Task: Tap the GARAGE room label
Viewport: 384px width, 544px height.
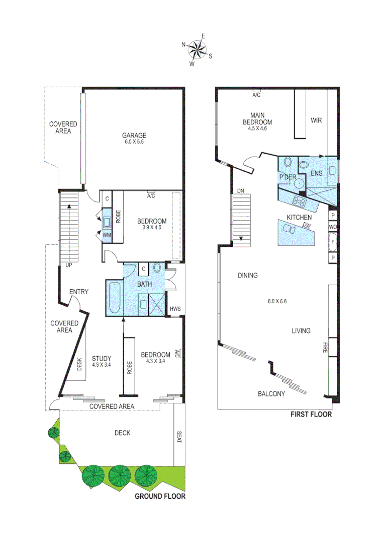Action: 134,135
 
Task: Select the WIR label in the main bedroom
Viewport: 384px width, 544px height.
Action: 316,120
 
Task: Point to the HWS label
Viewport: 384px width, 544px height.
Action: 175,309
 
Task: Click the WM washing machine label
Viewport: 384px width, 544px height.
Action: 107,235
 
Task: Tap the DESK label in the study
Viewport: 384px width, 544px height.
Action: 79,364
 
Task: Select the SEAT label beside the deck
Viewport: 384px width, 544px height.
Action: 179,436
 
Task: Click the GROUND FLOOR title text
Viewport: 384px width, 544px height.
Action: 160,496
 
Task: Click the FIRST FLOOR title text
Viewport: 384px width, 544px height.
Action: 311,415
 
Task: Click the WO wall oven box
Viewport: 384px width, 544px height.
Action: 332,227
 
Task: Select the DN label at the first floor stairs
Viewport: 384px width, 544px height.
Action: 241,191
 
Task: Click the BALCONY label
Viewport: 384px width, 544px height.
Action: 271,394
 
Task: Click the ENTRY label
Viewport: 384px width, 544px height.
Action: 78,292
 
